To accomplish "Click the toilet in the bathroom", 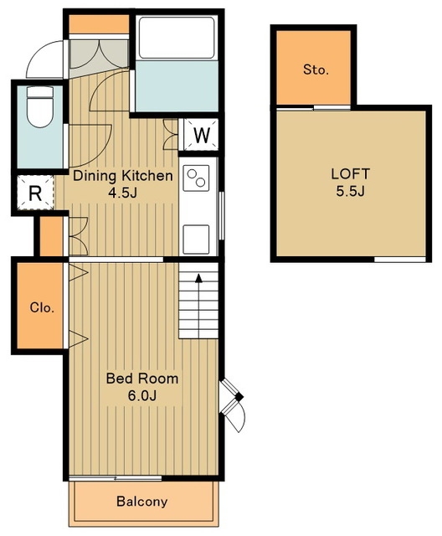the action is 40,106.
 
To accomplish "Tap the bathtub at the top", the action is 177,38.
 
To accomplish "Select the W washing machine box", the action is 201,135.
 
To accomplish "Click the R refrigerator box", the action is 35,193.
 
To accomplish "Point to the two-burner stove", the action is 196,178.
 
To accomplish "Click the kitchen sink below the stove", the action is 196,240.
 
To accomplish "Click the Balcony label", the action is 142,502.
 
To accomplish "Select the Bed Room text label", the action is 142,379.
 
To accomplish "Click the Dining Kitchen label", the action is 123,176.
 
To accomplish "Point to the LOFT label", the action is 351,174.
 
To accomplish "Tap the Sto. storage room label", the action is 316,70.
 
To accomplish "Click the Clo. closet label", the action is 42,307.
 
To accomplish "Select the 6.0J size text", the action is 142,396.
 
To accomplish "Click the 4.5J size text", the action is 122,193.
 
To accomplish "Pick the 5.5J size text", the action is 351,191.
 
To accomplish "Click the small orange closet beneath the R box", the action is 52,236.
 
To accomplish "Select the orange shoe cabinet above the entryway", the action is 99,24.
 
